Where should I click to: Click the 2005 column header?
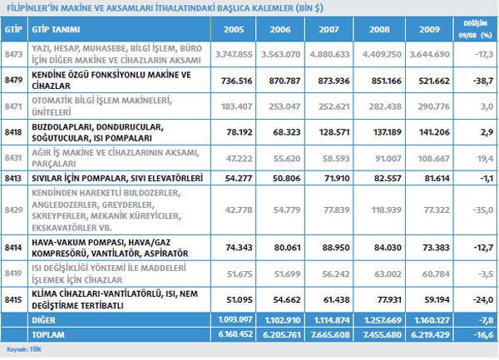(235, 28)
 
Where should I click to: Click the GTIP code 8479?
(12, 80)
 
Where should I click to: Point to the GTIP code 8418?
(12, 131)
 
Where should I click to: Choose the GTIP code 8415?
(12, 297)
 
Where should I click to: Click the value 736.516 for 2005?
(235, 81)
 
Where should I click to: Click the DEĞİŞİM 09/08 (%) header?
(472, 28)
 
